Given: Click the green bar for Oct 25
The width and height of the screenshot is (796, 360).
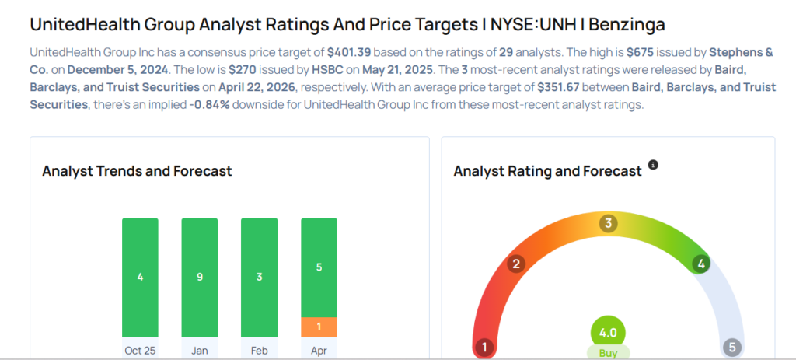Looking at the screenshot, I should coord(140,277).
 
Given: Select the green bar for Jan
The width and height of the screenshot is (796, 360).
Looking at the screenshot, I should coord(200,277).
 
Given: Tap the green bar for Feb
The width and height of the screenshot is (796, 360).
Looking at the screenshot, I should coord(259,277).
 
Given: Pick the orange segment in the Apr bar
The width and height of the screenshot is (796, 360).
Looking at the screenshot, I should coord(319,327).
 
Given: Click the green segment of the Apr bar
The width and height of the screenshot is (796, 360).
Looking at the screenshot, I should coord(319,267).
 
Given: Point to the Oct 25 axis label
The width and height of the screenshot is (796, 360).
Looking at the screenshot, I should coord(140,350).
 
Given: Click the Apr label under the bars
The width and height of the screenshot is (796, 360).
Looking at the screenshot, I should coord(319,350).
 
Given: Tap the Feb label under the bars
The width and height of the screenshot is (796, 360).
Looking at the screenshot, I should coord(259,350).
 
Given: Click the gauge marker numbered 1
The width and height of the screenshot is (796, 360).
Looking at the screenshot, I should coord(484,347).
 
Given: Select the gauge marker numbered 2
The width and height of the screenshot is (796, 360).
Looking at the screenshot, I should coord(515,264).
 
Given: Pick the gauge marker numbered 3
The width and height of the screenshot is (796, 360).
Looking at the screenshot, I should coord(608,224).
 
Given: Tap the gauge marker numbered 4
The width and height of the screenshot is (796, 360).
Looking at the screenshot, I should coord(701,264).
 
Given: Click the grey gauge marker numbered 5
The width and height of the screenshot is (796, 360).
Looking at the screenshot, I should coord(731,347).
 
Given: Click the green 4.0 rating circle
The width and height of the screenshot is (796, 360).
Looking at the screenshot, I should coord(608,332).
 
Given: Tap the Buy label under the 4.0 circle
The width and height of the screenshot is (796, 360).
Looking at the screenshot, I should coord(608,353).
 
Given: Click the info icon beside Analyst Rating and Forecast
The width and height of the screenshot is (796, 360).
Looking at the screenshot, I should coord(653,165).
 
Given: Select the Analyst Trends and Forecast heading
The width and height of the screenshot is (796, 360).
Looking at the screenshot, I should coord(137,171).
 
